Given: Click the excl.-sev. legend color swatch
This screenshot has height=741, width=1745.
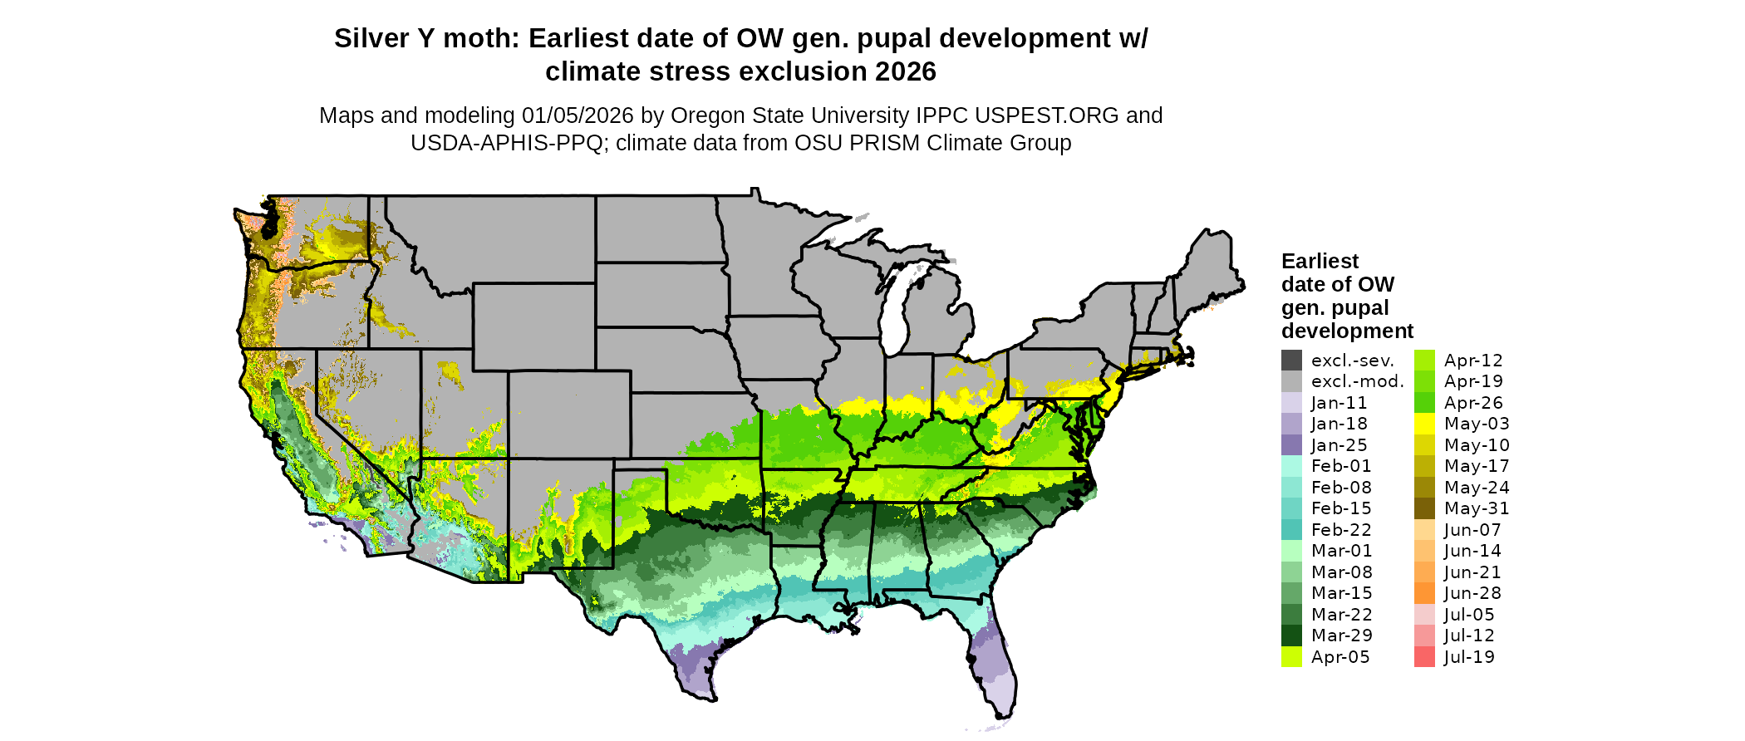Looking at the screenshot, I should click(1291, 361).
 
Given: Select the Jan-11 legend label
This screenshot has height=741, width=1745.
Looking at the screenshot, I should click(1339, 403).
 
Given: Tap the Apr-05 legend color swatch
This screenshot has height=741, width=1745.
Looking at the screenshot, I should click(1291, 657).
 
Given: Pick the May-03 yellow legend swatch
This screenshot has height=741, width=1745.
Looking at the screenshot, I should click(1424, 424).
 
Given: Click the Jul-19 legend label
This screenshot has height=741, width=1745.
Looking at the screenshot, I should click(1469, 657).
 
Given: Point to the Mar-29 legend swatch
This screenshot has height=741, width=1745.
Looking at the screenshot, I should click(1291, 635).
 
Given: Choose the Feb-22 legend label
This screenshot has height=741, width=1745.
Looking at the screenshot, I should click(1341, 530).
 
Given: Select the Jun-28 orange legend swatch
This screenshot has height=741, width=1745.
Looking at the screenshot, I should click(1424, 593).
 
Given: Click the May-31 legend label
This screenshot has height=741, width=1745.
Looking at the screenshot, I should click(1477, 508).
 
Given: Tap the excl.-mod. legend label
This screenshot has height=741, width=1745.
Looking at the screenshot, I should click(1357, 381).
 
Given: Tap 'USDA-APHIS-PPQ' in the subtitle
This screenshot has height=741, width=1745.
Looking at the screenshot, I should click(507, 143).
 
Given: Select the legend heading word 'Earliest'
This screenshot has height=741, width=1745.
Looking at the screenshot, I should click(1320, 262).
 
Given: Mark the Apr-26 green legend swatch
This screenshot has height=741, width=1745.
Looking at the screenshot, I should click(1424, 403).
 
